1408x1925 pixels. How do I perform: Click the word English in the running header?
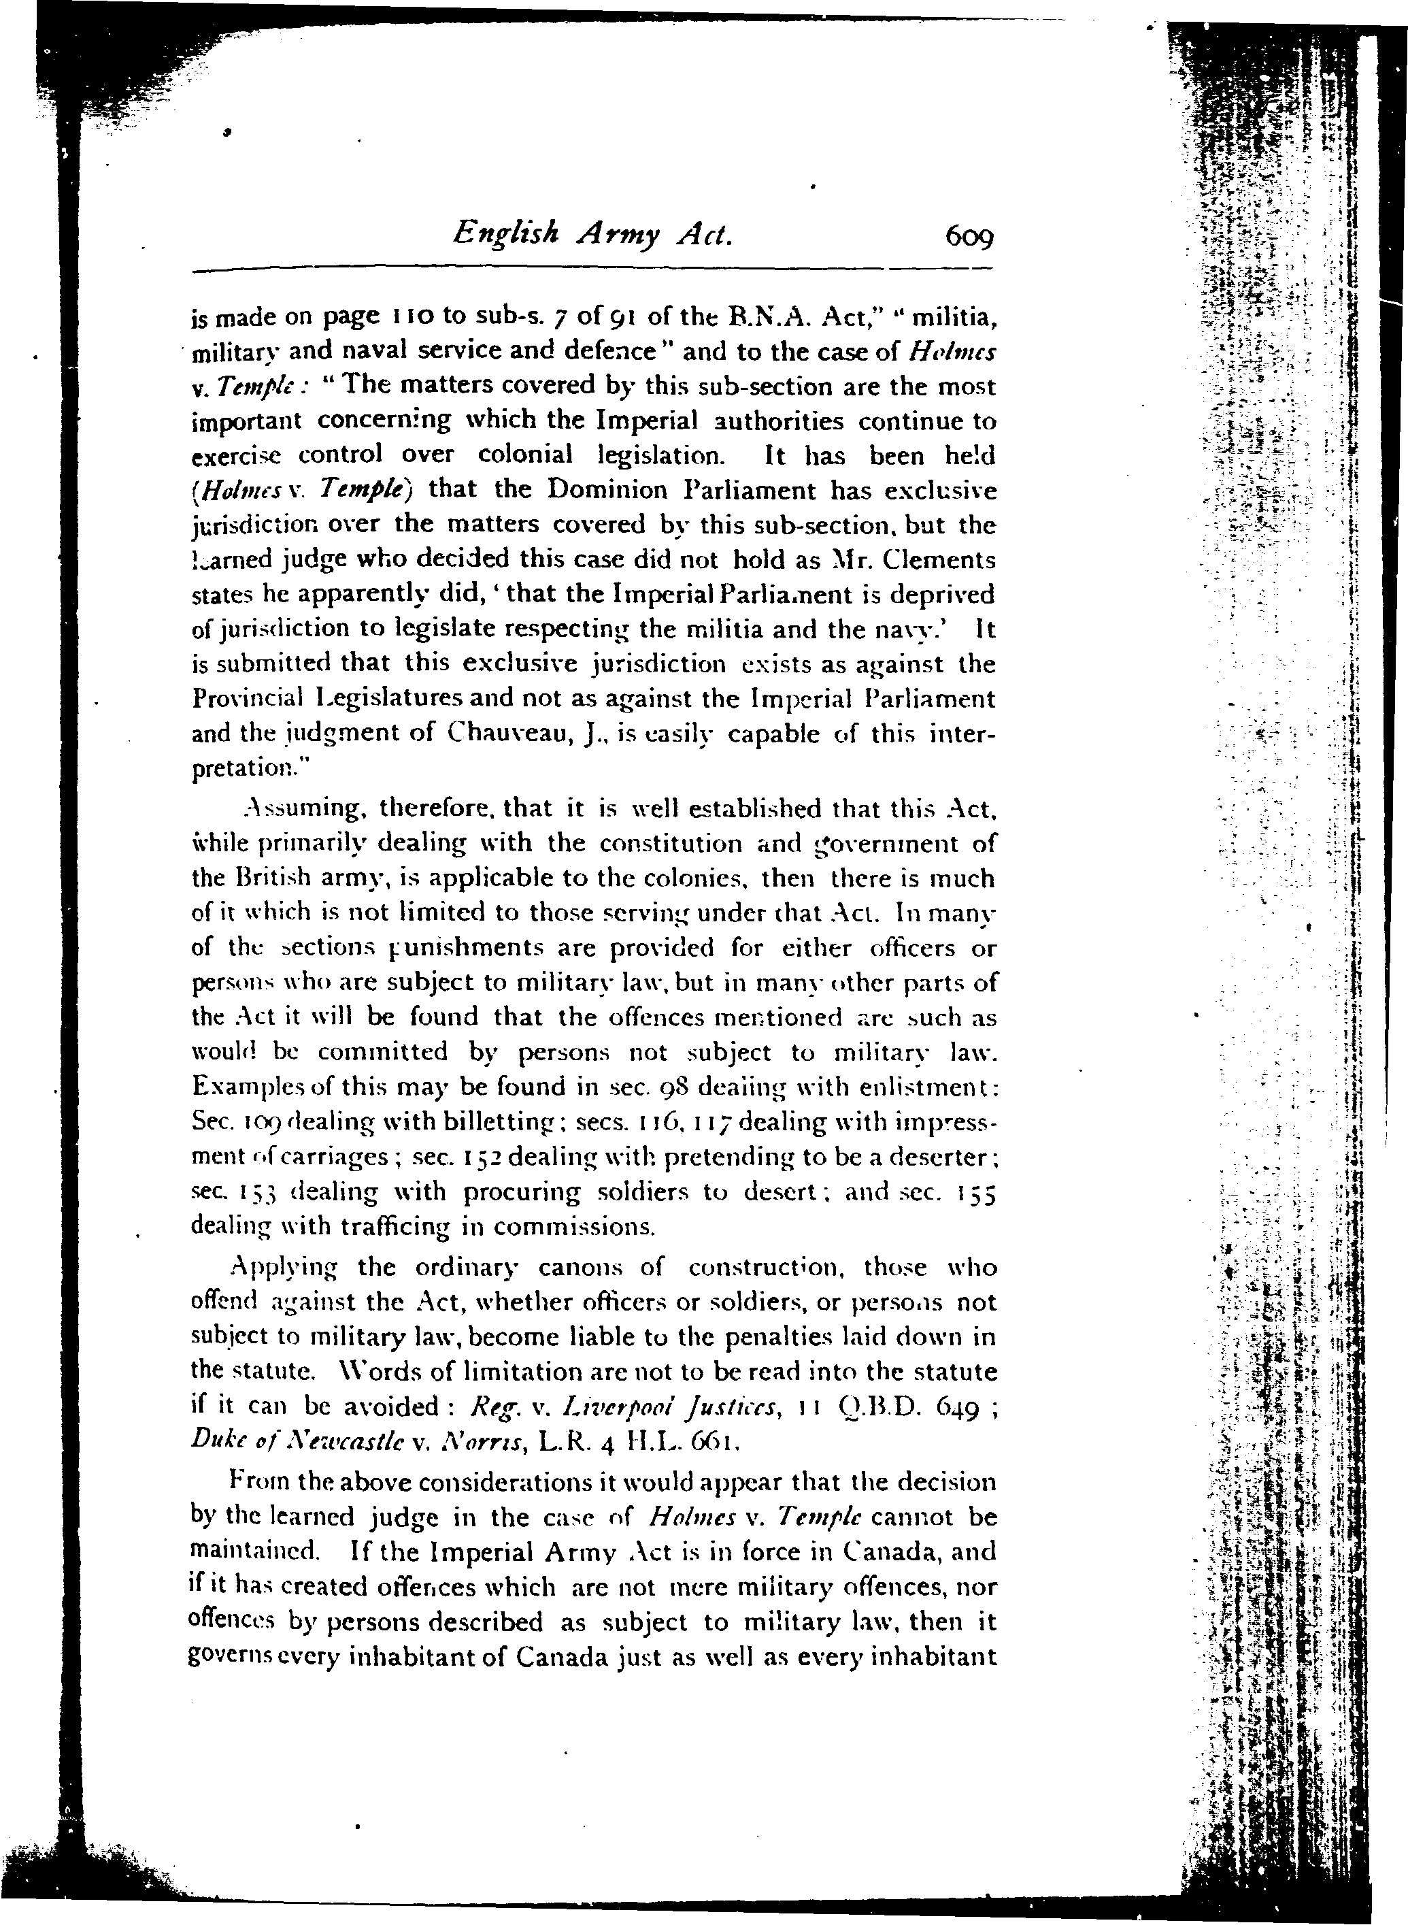coord(506,232)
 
